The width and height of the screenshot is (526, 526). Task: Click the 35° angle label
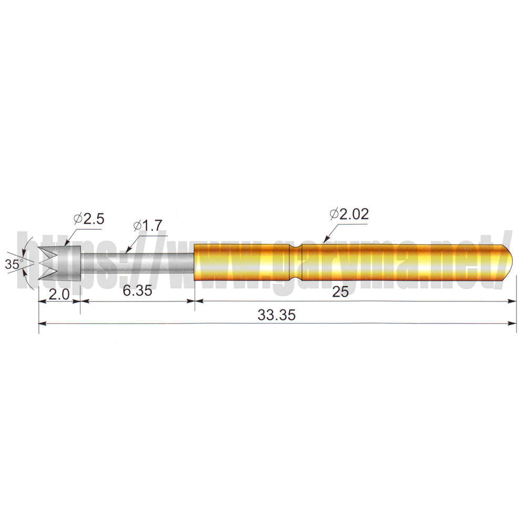[14, 264]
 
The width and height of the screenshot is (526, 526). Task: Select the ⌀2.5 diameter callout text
[89, 219]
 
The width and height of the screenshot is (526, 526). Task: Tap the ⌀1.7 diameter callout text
[148, 226]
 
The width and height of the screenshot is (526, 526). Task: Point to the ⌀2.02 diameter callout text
[349, 214]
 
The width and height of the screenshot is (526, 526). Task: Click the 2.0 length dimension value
[59, 295]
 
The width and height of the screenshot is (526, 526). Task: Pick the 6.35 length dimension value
[137, 290]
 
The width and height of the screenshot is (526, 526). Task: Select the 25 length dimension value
[340, 292]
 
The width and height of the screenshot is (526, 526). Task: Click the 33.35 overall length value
[277, 315]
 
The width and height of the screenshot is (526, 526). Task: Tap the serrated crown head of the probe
[60, 263]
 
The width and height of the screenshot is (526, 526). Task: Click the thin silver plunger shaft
[137, 263]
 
